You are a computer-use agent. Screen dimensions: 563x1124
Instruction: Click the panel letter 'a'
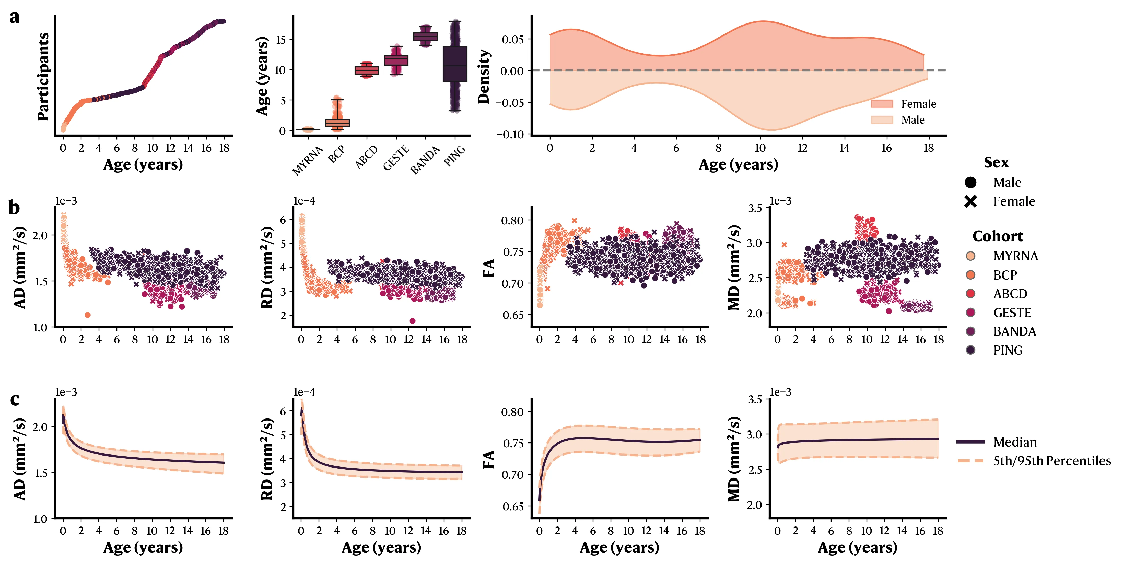click(x=14, y=17)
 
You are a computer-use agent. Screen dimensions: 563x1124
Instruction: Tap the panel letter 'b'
click(x=14, y=208)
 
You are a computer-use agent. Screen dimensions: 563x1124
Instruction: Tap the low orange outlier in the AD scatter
click(x=87, y=315)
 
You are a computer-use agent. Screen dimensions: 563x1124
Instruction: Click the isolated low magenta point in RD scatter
click(x=412, y=321)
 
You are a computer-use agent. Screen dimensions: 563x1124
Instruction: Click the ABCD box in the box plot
click(x=367, y=70)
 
